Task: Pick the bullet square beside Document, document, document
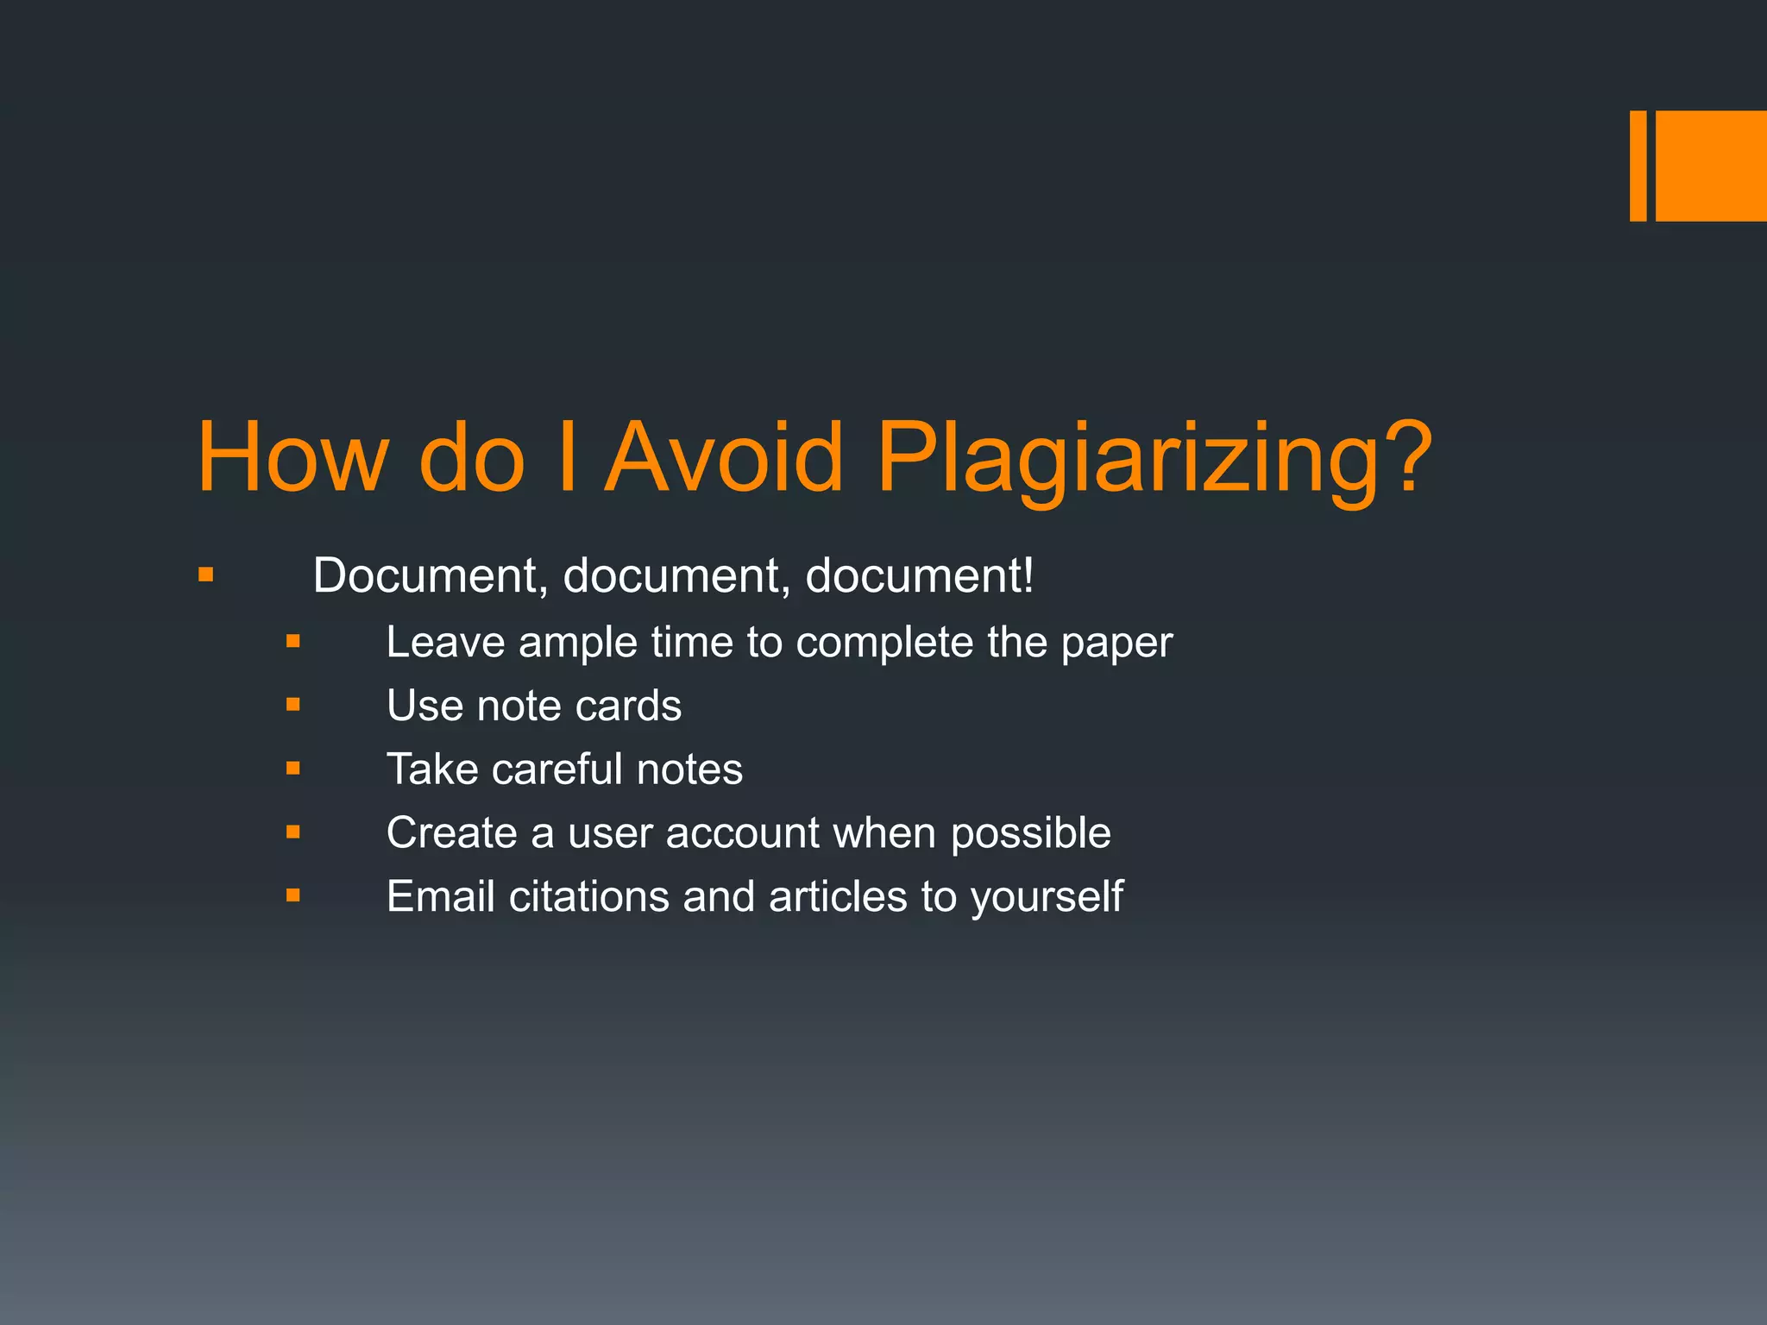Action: click(x=205, y=575)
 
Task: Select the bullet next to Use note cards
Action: click(x=293, y=705)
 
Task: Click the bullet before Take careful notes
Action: click(x=293, y=768)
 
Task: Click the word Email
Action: click(x=441, y=896)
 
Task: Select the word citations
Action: click(x=589, y=896)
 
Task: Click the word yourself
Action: click(x=1047, y=898)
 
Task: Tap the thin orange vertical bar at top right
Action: click(x=1638, y=166)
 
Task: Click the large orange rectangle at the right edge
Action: click(x=1711, y=166)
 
